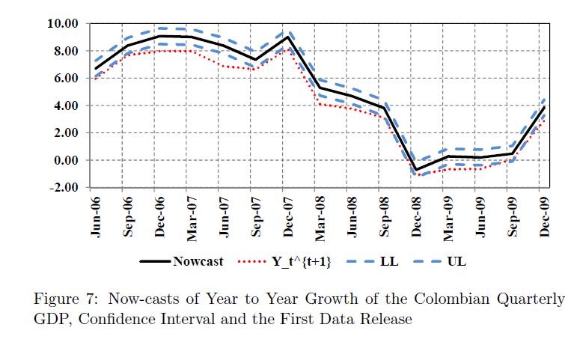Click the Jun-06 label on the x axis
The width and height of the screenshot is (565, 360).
pyautogui.click(x=95, y=217)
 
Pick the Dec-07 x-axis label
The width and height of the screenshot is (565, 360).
pyautogui.click(x=289, y=217)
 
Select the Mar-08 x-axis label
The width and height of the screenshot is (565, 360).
pyautogui.click(x=321, y=217)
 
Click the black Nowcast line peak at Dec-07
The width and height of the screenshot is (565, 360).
pyautogui.click(x=287, y=37)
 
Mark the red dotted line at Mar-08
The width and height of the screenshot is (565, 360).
pyautogui.click(x=320, y=103)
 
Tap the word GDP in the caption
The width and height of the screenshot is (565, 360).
pyautogui.click(x=50, y=320)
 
